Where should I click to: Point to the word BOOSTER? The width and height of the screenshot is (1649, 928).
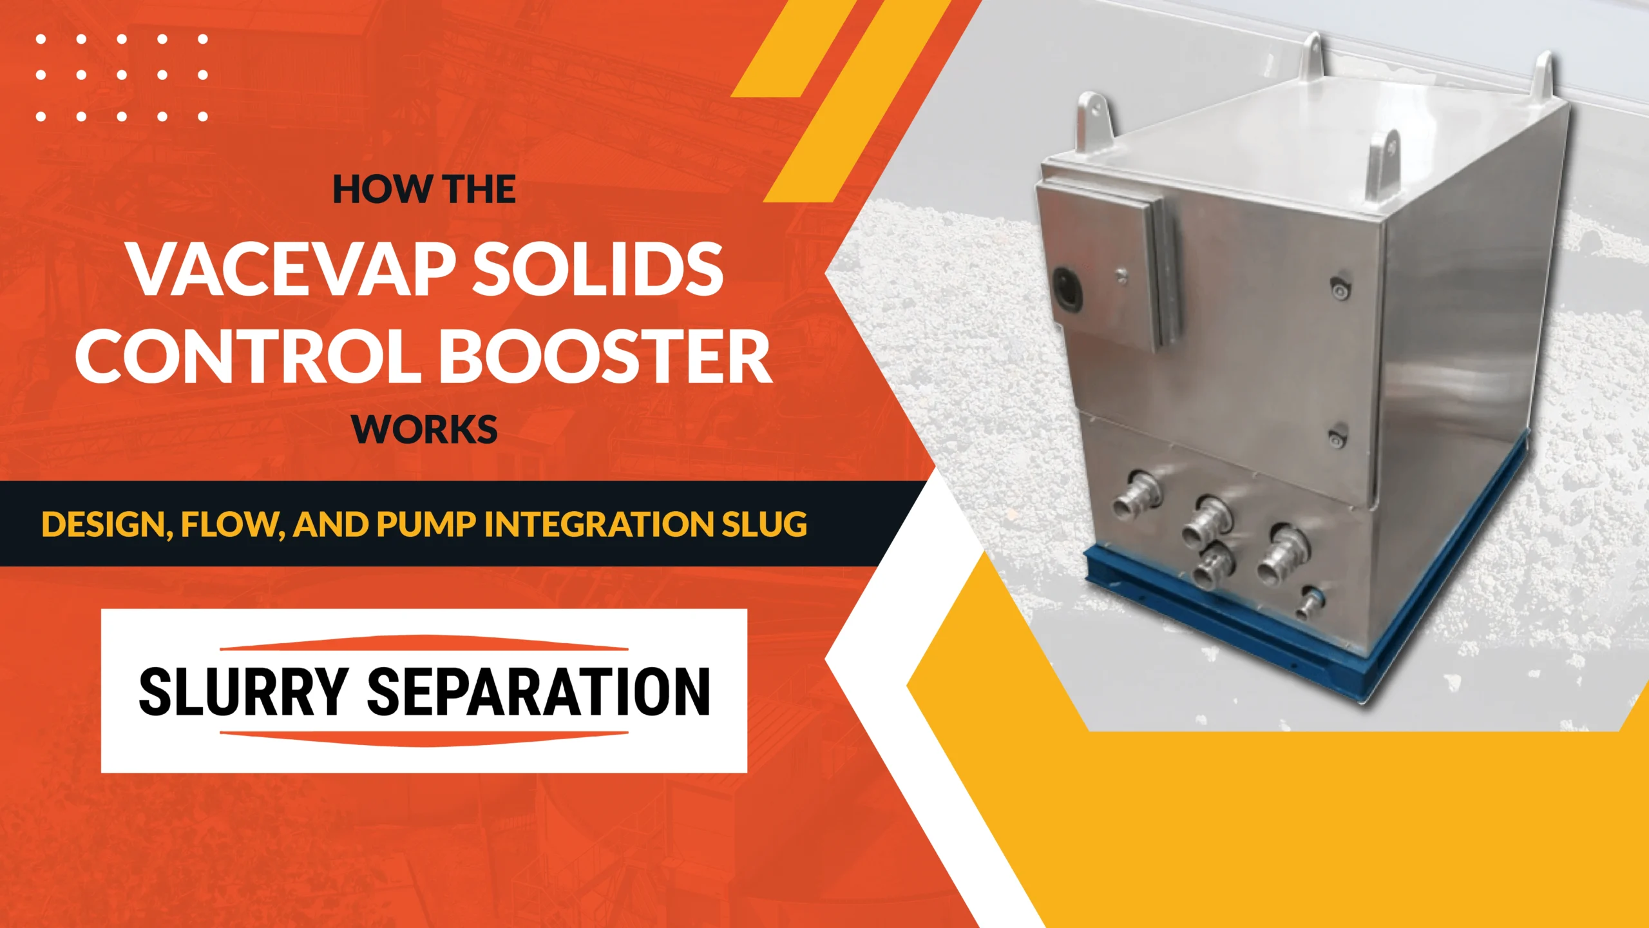pyautogui.click(x=609, y=356)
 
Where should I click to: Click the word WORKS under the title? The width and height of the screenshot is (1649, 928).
pyautogui.click(x=424, y=430)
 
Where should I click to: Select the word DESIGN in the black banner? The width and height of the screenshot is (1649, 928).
pyautogui.click(x=103, y=524)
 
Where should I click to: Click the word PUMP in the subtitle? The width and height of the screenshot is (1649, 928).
pyautogui.click(x=425, y=524)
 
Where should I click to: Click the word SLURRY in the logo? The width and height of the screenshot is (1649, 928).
pyautogui.click(x=243, y=691)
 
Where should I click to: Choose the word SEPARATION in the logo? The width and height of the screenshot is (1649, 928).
pyautogui.click(x=538, y=691)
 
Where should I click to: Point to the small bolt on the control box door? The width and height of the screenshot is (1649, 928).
pyautogui.click(x=1121, y=277)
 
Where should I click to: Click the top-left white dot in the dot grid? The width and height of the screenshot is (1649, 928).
pyautogui.click(x=41, y=39)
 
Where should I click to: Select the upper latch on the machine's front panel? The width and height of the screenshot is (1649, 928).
pyautogui.click(x=1339, y=288)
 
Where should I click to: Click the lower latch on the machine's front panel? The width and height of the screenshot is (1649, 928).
pyautogui.click(x=1337, y=436)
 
